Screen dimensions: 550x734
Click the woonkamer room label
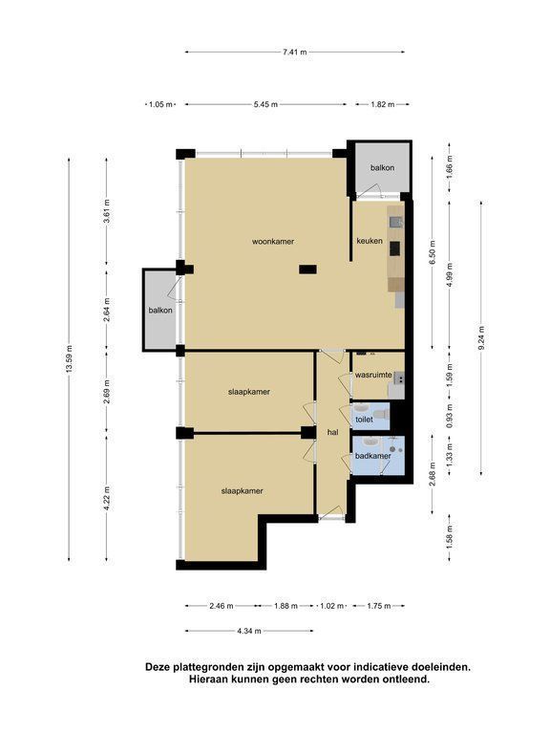coord(273,242)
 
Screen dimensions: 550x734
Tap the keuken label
coord(370,241)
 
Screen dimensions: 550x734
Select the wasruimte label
coord(373,375)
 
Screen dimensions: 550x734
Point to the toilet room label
coord(365,420)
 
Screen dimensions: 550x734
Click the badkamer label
coord(372,456)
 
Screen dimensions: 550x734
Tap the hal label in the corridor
coord(333,433)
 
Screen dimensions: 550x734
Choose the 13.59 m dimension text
coord(69,359)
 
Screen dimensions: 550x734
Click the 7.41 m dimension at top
coord(295,52)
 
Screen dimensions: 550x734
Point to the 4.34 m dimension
coord(249,631)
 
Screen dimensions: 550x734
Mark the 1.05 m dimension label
coord(160,104)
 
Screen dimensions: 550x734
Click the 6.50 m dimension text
coord(433,252)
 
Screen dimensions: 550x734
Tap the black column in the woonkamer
coord(307,270)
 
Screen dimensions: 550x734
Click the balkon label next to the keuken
coord(383,167)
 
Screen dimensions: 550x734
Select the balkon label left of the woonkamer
coord(160,310)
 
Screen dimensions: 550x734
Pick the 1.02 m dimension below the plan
coord(332,606)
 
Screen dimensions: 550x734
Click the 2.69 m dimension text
coord(107,391)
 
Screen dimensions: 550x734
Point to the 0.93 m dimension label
coord(450,416)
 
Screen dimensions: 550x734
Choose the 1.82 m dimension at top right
coord(383,104)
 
